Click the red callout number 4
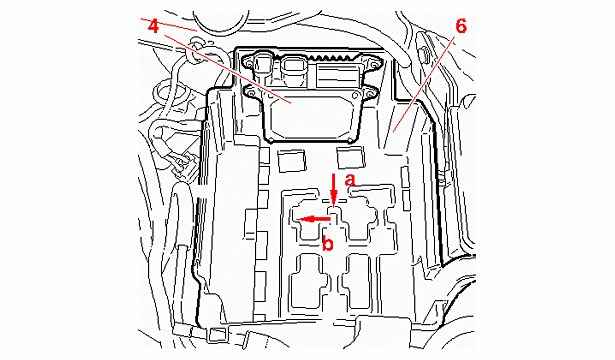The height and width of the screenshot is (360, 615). (154, 26)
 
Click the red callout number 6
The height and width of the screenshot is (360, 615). (461, 26)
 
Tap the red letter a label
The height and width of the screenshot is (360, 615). (350, 180)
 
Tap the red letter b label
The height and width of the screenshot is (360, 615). (328, 243)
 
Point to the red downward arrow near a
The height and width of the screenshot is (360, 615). (334, 189)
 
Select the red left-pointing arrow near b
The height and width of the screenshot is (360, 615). (313, 219)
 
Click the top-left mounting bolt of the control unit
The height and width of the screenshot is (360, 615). (250, 60)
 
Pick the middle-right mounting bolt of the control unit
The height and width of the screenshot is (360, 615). (370, 94)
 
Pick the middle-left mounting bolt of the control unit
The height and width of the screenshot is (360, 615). (249, 92)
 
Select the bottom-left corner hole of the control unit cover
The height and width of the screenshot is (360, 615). (271, 139)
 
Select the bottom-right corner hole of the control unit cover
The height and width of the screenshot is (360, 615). (349, 140)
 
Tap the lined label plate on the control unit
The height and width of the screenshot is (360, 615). (337, 76)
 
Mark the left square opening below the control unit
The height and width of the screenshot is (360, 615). (291, 161)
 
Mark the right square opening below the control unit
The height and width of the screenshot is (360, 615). (351, 156)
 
